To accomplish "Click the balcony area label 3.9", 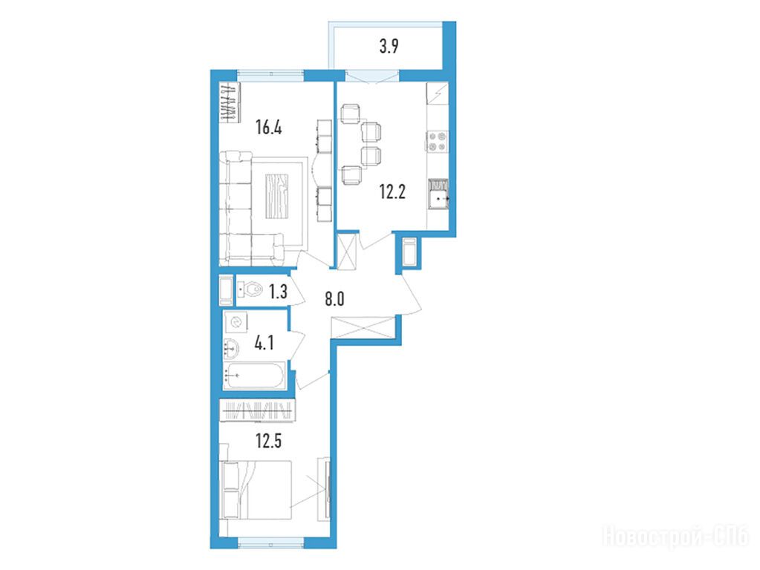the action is click(389, 47).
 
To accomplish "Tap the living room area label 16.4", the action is click(269, 128).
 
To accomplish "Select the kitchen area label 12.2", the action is click(392, 192).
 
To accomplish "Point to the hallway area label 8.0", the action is click(334, 299).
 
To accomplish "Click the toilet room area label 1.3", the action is click(278, 292).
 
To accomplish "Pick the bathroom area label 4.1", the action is click(264, 344).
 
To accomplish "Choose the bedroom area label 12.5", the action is click(269, 441).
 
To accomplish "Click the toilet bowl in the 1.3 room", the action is click(250, 291).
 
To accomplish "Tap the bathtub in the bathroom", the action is click(254, 376).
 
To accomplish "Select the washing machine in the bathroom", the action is click(236, 322).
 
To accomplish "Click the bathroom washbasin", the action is click(232, 347).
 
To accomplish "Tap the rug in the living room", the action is click(277, 197).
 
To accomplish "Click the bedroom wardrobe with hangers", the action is click(257, 410).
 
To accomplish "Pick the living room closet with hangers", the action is click(230, 102).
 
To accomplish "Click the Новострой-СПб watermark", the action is click(675, 537).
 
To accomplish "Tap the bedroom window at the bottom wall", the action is click(271, 543).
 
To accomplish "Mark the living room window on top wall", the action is click(270, 75).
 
